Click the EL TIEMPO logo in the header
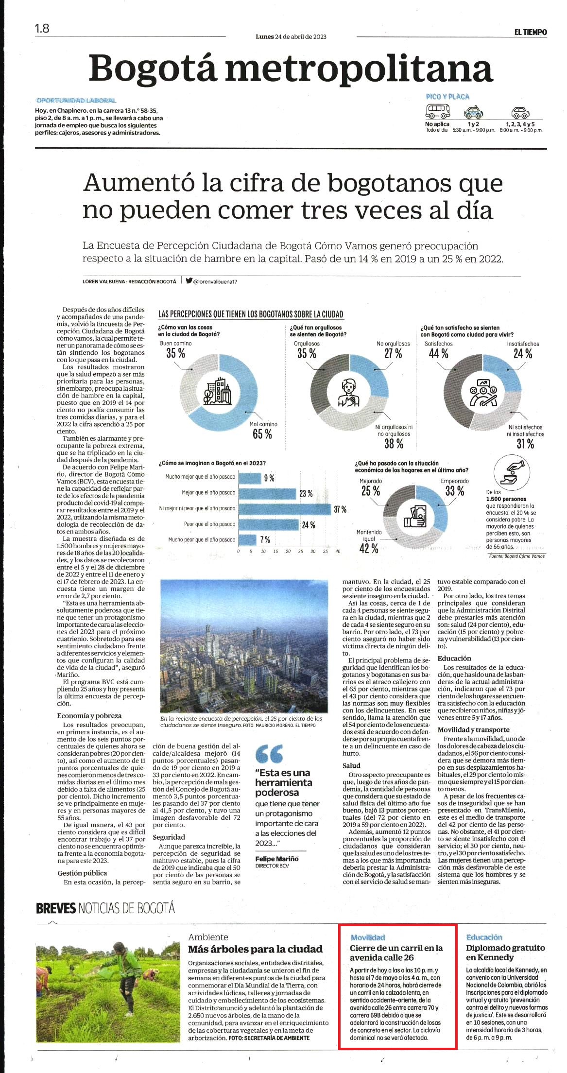pyautogui.click(x=531, y=32)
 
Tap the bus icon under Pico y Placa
pyautogui.click(x=438, y=111)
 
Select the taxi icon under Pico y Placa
pyautogui.click(x=473, y=112)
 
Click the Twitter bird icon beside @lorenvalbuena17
pyautogui.click(x=189, y=280)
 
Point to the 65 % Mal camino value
pyautogui.click(x=262, y=434)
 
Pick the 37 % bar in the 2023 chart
pyautogui.click(x=285, y=508)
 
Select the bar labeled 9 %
pyautogui.click(x=250, y=478)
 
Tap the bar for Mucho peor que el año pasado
pyautogui.click(x=247, y=539)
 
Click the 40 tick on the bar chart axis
pyautogui.click(x=338, y=552)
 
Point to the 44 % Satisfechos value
pyautogui.click(x=438, y=354)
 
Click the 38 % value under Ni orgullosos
pyautogui.click(x=394, y=443)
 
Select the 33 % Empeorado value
pyautogui.click(x=455, y=491)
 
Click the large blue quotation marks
pyautogui.click(x=269, y=754)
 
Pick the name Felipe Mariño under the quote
pyautogui.click(x=277, y=859)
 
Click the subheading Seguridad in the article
pyautogui.click(x=169, y=837)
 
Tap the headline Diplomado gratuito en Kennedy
pyautogui.click(x=505, y=952)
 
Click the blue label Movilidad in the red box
pyautogui.click(x=368, y=937)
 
